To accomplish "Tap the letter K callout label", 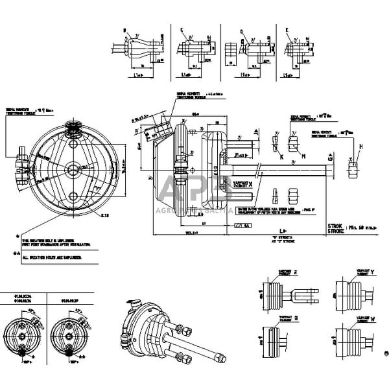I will click(x=281, y=157).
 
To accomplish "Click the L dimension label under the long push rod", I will click(x=262, y=230).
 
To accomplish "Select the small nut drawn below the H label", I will click(x=355, y=170).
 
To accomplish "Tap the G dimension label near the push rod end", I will click(x=331, y=157).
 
